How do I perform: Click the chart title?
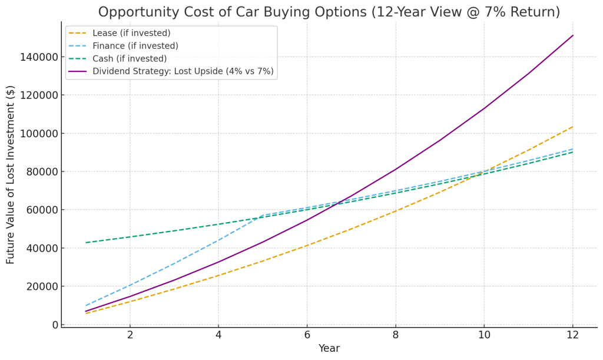[329, 12]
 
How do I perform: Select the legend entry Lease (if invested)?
[131, 33]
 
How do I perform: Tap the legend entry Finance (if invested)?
[135, 46]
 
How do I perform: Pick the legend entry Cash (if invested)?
[130, 59]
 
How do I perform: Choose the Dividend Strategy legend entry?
[183, 72]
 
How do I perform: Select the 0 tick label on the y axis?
[55, 325]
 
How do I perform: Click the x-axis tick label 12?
[572, 335]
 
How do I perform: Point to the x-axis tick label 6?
[307, 335]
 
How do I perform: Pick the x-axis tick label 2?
[130, 335]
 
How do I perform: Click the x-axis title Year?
[329, 349]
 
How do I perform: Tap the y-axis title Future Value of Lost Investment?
[11, 174]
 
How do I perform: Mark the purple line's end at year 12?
[572, 35]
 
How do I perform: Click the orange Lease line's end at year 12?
[572, 127]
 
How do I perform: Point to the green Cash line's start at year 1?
[86, 243]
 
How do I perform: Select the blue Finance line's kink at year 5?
[263, 216]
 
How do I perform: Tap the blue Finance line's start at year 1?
[86, 306]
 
